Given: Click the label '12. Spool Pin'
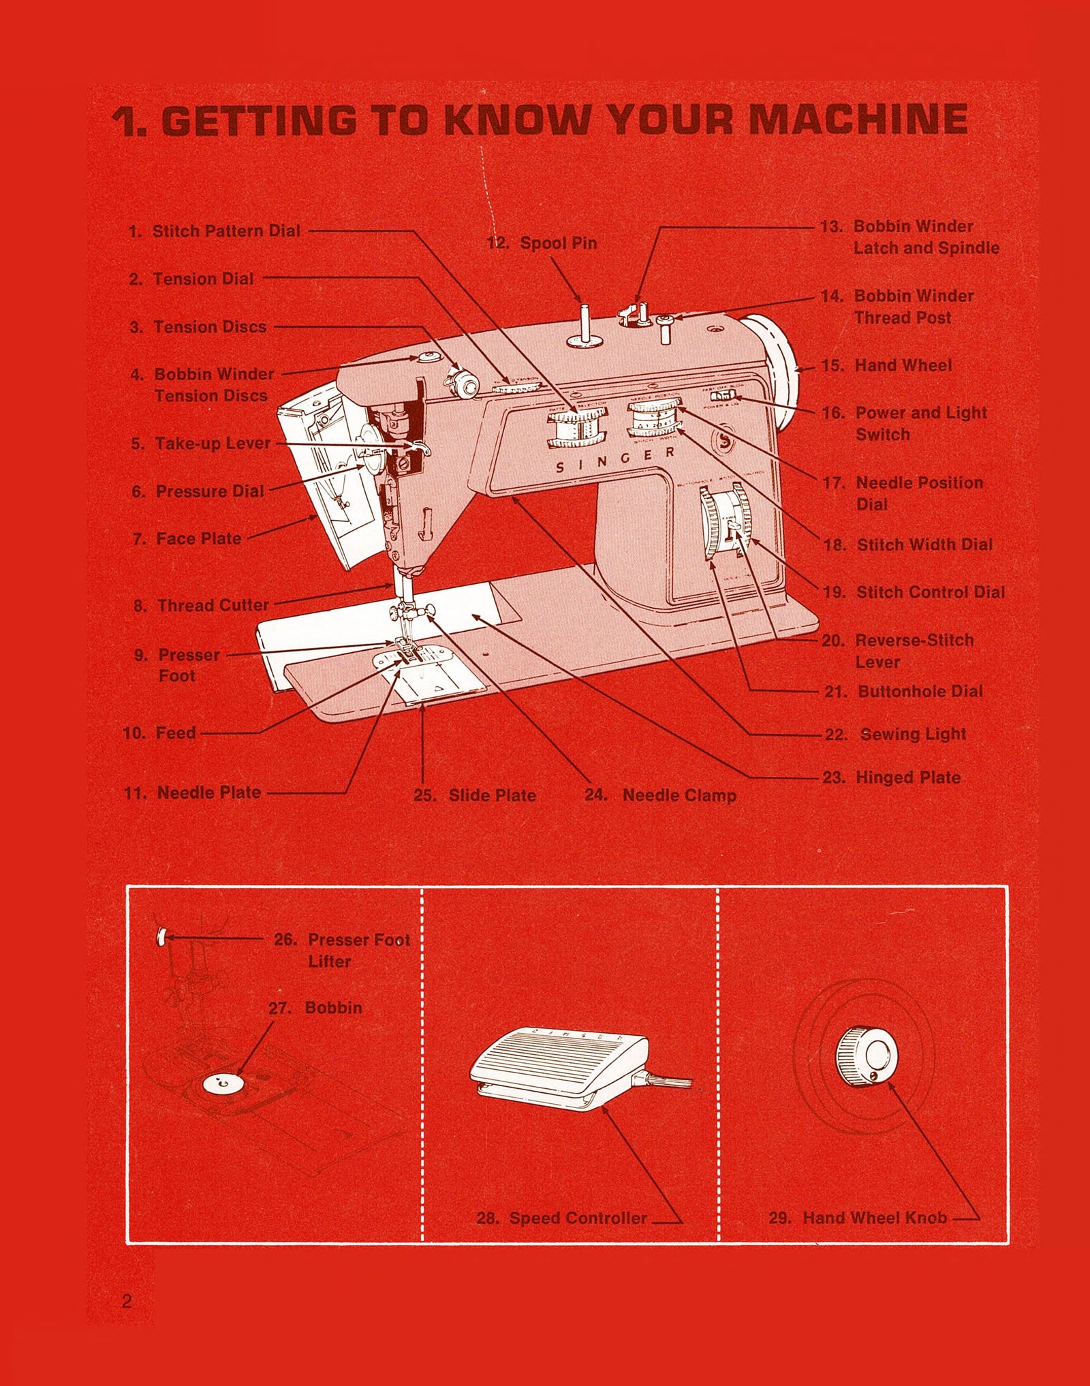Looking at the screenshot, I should pyautogui.click(x=542, y=243).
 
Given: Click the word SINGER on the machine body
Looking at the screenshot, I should pyautogui.click(x=616, y=460).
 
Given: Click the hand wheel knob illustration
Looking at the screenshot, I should pyautogui.click(x=867, y=1057).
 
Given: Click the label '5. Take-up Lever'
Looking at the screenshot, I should pyautogui.click(x=201, y=444).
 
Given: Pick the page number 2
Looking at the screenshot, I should pyautogui.click(x=127, y=1301).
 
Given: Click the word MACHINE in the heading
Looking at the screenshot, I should pyautogui.click(x=858, y=120).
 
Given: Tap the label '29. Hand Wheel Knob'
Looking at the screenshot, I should pyautogui.click(x=858, y=1218).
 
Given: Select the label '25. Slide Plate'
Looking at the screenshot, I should pyautogui.click(x=475, y=795).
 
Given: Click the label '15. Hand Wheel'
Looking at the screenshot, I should pyautogui.click(x=886, y=366).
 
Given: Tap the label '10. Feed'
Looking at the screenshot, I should pyautogui.click(x=159, y=733).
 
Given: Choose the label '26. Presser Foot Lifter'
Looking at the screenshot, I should pyautogui.click(x=341, y=950).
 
